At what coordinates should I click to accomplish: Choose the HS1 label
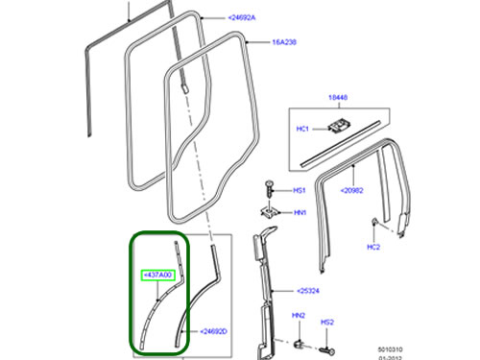[300, 191]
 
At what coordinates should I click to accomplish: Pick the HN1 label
[300, 213]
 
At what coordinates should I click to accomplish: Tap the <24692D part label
[214, 331]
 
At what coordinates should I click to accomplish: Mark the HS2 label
[327, 322]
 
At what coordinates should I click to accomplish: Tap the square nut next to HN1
[271, 210]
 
